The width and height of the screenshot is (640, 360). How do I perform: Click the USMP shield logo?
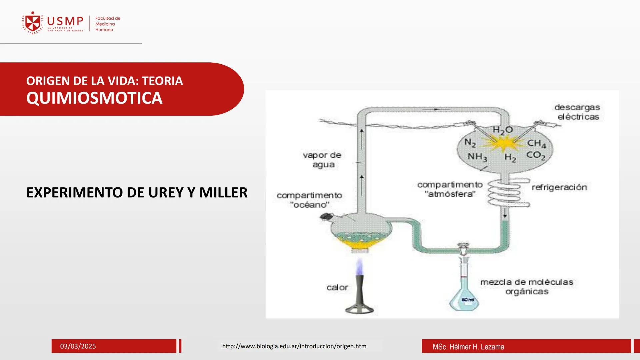(x=33, y=23)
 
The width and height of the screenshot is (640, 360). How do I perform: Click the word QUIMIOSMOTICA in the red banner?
(x=94, y=98)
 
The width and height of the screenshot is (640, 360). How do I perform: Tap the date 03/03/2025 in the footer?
(x=78, y=346)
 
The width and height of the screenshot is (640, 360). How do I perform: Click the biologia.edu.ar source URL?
(x=294, y=346)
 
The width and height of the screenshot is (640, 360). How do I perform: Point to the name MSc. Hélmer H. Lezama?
(x=468, y=347)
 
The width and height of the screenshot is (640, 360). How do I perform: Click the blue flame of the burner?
(x=359, y=267)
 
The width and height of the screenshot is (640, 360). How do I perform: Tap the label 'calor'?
(x=337, y=287)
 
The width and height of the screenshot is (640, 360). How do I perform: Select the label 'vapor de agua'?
(x=322, y=160)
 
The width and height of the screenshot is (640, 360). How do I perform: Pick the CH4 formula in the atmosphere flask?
(x=536, y=143)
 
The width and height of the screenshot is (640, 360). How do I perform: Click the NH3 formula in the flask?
(x=477, y=157)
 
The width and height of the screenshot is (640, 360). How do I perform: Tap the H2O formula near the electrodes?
(x=502, y=130)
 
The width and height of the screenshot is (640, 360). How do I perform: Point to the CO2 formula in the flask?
(x=535, y=155)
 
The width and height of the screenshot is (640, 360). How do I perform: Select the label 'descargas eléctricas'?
(x=578, y=112)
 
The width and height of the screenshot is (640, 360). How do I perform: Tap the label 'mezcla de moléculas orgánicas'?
(x=527, y=287)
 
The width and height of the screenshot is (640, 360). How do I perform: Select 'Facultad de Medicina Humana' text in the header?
(x=107, y=24)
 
